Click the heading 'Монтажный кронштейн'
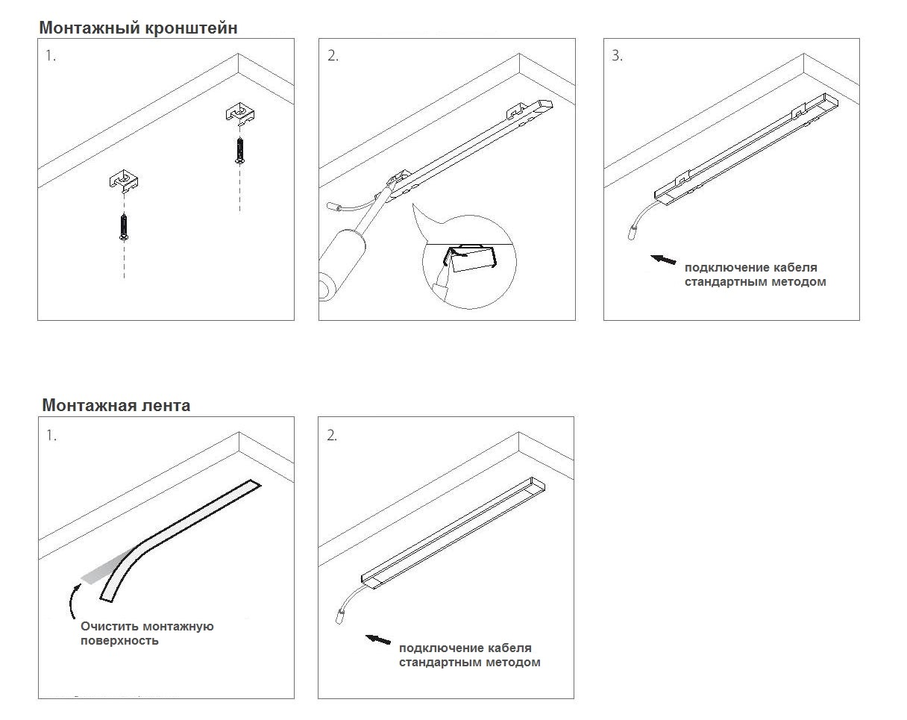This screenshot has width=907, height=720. pos(139,28)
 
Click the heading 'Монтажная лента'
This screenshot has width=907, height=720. pos(116,405)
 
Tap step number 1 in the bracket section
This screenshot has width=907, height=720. pos(50,56)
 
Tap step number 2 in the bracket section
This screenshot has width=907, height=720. pos(333,56)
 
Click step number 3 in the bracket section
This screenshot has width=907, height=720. pos(617,56)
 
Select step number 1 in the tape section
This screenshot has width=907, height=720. pos(51,436)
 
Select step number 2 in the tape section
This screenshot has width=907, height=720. pos(332,436)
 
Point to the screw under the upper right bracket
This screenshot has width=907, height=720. pos(239,149)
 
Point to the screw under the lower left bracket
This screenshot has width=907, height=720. pos(123,226)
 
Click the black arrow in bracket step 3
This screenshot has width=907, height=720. pos(663,260)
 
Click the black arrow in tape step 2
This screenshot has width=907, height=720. pos(379,639)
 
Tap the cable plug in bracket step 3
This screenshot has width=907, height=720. pos(631,233)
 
